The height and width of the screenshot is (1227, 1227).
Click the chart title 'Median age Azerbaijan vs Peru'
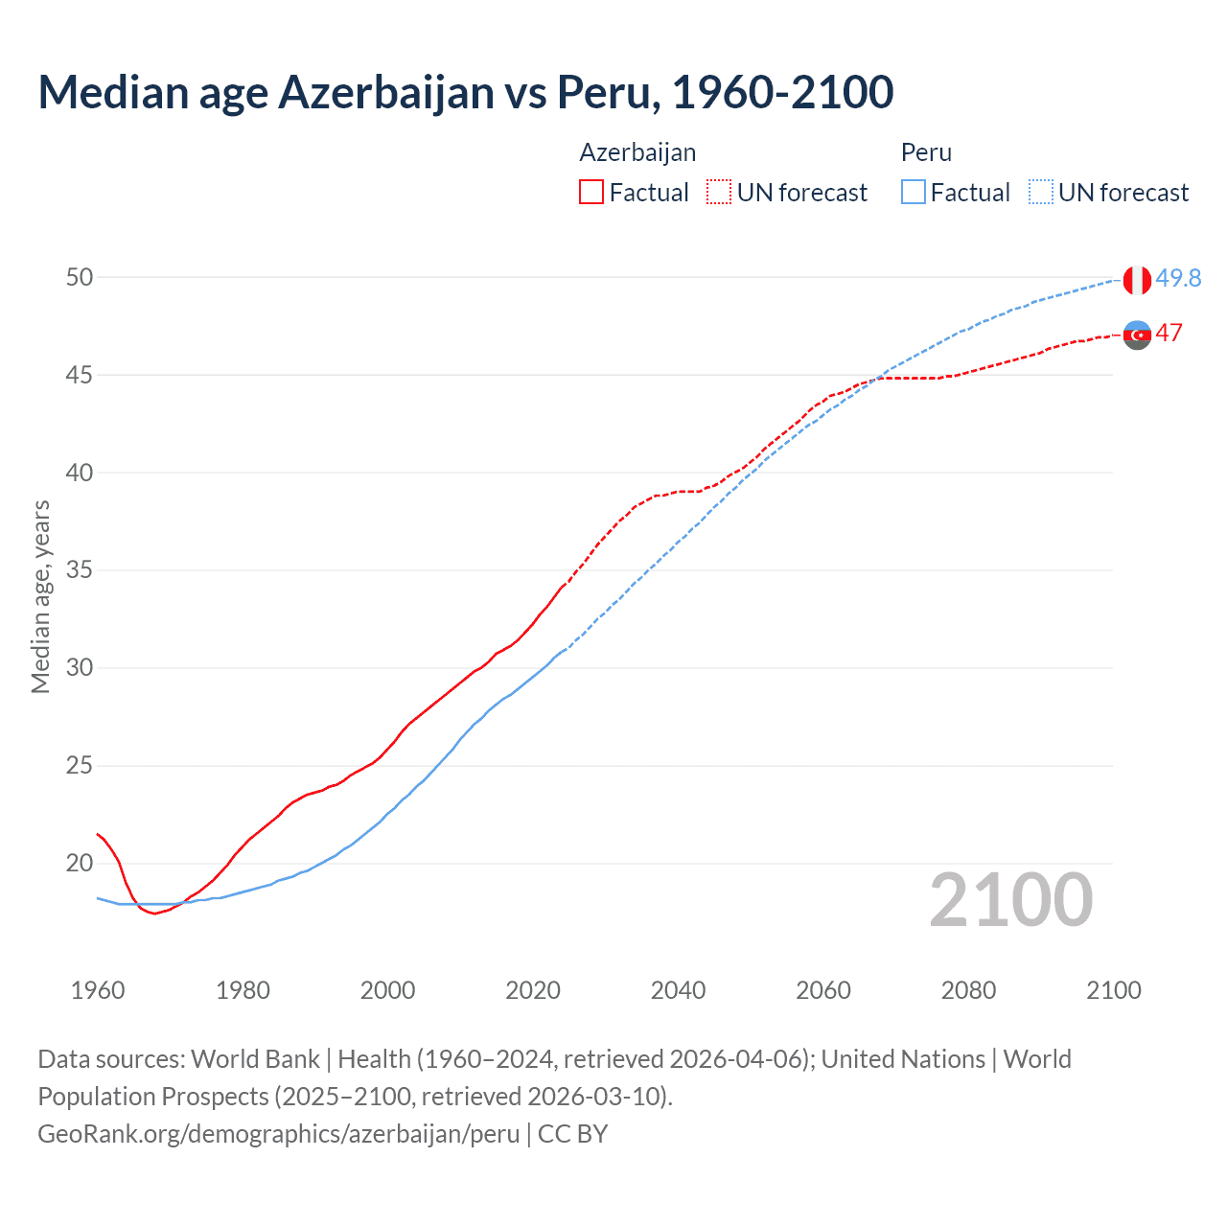(x=466, y=92)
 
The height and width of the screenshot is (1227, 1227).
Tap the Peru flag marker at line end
(x=1137, y=280)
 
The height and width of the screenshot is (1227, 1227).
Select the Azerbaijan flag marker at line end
(x=1137, y=335)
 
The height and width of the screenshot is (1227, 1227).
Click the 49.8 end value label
(x=1178, y=278)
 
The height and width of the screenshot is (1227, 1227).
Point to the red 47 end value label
(x=1169, y=334)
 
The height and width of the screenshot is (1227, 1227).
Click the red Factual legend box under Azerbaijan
(x=591, y=192)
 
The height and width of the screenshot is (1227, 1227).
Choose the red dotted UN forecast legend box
(x=719, y=192)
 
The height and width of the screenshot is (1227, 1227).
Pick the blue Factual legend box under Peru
(x=914, y=192)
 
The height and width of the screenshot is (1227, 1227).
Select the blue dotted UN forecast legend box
(x=1041, y=192)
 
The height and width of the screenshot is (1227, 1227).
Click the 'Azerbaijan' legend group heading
(x=637, y=152)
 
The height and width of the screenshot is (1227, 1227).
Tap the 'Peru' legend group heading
(x=926, y=152)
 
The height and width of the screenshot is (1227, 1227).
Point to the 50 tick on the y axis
(x=80, y=277)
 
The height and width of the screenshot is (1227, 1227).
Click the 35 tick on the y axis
(x=80, y=570)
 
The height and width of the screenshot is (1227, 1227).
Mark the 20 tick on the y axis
(x=80, y=863)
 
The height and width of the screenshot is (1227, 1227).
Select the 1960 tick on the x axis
(x=98, y=990)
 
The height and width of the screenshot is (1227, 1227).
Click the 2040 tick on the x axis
(x=678, y=990)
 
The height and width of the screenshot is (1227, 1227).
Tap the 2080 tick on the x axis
(x=968, y=990)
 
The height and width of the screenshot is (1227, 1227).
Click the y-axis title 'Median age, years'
(x=40, y=596)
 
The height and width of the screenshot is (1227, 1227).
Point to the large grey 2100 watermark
(x=1011, y=899)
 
